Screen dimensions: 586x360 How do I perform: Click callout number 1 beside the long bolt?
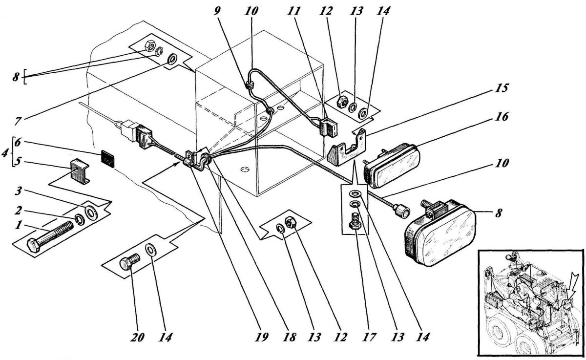18,225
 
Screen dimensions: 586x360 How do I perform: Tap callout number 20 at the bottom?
137,337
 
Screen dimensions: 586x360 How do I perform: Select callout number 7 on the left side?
18,121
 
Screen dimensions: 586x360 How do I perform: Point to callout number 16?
501,116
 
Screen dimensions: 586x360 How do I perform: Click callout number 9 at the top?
217,11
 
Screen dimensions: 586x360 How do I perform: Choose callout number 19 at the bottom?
262,337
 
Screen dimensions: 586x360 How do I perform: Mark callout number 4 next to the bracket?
5,153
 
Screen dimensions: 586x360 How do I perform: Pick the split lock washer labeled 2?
79,219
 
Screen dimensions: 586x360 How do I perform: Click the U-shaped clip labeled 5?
80,171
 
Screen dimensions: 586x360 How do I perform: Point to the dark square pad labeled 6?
107,159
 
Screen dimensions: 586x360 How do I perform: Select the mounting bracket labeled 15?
347,148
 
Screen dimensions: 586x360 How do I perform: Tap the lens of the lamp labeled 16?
397,169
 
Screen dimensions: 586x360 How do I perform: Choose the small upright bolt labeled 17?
356,221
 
